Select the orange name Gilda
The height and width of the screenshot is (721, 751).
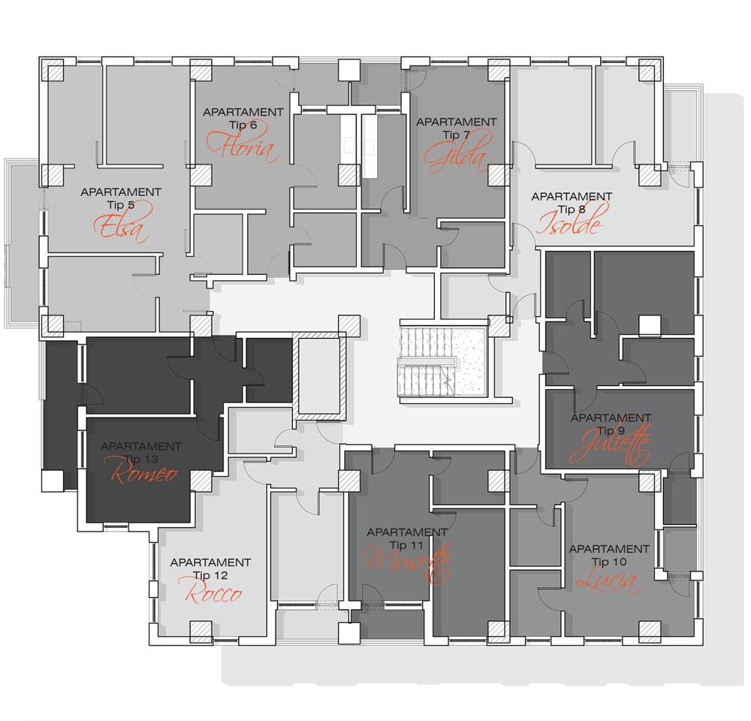[458, 152]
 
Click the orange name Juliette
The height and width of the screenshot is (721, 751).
[611, 446]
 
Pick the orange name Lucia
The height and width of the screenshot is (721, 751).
[609, 580]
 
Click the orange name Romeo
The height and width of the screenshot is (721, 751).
[143, 472]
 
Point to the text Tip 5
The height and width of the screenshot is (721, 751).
[121, 205]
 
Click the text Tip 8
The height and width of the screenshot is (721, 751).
[572, 210]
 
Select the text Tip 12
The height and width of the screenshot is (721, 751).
[210, 575]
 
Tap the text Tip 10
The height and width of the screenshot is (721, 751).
[609, 562]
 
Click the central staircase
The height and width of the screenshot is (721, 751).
[442, 361]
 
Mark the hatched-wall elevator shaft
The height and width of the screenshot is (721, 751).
[319, 375]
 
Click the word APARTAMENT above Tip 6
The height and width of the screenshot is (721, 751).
[243, 112]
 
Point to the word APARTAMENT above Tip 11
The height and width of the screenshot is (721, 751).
[407, 532]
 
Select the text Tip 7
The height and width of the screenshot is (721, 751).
[456, 134]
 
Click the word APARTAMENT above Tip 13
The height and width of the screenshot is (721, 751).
[141, 446]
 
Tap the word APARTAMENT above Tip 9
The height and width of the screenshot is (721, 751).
[611, 418]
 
